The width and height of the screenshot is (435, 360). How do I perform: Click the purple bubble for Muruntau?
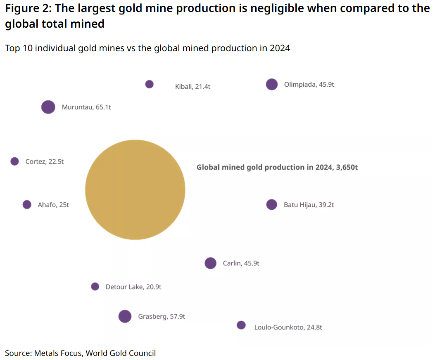[48, 107]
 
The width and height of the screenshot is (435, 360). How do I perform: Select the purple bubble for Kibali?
[150, 84]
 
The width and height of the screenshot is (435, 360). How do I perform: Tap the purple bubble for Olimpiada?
[271, 84]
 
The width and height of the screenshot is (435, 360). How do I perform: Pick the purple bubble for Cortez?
[14, 161]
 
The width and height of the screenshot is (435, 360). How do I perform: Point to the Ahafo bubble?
[27, 204]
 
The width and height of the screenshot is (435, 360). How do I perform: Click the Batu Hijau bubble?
[271, 204]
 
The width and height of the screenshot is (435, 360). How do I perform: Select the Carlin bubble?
[211, 263]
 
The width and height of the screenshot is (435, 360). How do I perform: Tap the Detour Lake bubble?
[95, 287]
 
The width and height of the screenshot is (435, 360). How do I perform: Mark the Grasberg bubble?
[125, 316]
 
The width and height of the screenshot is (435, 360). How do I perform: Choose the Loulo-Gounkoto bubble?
[241, 325]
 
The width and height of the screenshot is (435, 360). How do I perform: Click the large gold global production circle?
[135, 189]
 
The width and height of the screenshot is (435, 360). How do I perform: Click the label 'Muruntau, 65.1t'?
[86, 107]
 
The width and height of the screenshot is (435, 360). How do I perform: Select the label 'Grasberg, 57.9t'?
[162, 317]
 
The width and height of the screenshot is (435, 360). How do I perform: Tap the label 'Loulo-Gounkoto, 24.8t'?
[288, 327]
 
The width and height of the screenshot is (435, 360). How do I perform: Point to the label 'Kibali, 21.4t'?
[193, 87]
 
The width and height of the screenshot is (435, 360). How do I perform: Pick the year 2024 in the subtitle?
[280, 48]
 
